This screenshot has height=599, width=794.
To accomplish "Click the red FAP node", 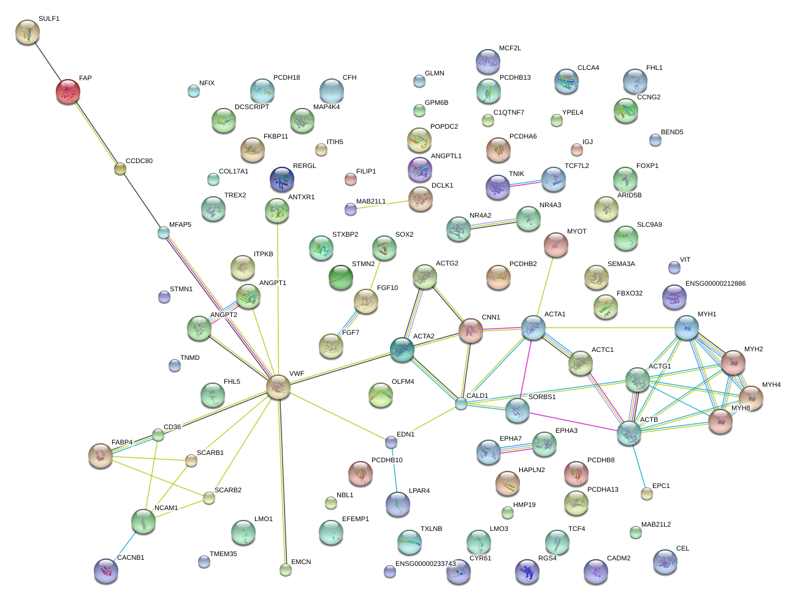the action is coord(67,91).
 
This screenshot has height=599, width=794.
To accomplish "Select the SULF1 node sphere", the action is coord(28,32).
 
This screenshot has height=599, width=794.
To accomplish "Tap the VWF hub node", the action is coord(278,387).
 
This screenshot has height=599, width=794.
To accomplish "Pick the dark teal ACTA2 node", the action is coord(402,349).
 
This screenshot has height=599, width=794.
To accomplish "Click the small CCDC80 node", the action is coord(120,169).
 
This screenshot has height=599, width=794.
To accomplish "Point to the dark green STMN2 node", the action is coord(341,277).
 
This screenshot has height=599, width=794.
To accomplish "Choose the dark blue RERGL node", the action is coord(282,179).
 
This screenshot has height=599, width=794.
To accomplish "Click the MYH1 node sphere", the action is coord(687,327).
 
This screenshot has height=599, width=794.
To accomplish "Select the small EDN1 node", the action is coord(391,442).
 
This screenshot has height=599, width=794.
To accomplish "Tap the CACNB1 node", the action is coord(106,571).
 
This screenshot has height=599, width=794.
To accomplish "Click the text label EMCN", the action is coord(301,562).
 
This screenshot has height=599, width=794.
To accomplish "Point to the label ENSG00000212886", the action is coord(716,284).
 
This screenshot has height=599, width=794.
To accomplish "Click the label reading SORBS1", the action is coord(542,397).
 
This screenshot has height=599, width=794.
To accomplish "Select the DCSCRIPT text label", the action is coord(252,107).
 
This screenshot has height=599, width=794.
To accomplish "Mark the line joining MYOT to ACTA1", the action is coord(545,286).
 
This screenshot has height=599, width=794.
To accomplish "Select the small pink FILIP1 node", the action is coord(351,179).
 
